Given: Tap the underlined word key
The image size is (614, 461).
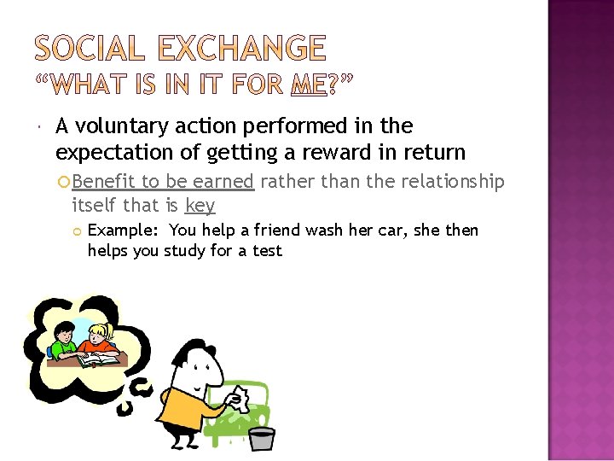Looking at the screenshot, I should click(200, 206).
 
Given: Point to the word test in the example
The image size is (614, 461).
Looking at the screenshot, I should click(265, 251).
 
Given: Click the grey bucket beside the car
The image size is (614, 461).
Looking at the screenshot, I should click(261, 439).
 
